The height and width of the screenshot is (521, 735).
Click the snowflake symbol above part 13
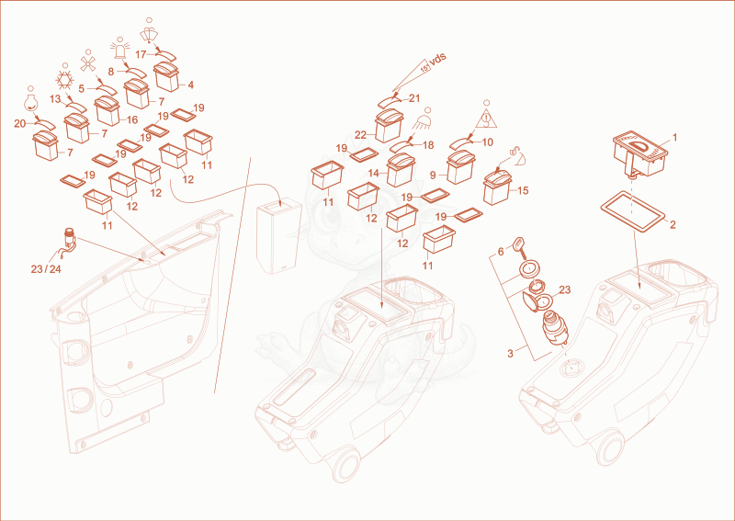click(x=64, y=80)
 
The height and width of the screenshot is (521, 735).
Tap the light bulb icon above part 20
click(x=30, y=102)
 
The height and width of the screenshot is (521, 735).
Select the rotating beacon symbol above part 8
click(x=120, y=50)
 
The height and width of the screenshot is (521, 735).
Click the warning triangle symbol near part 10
click(x=486, y=118)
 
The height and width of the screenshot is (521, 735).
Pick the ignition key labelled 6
click(x=518, y=245)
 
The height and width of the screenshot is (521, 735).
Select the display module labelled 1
click(x=639, y=153)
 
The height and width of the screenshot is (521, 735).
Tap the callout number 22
click(x=360, y=135)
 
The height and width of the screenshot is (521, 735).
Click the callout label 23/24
click(x=46, y=269)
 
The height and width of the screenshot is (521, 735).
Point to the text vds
click(x=437, y=60)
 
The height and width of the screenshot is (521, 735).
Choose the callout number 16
click(x=132, y=120)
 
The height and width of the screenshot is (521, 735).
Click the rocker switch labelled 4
click(x=166, y=77)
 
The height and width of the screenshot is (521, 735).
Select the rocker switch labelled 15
click(x=497, y=187)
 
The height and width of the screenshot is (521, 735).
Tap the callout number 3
click(x=511, y=354)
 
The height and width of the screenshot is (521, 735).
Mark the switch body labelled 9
click(x=461, y=168)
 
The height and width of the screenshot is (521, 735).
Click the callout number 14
click(x=374, y=174)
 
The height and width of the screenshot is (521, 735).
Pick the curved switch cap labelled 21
click(x=390, y=101)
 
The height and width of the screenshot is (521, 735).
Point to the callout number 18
click(x=428, y=145)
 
